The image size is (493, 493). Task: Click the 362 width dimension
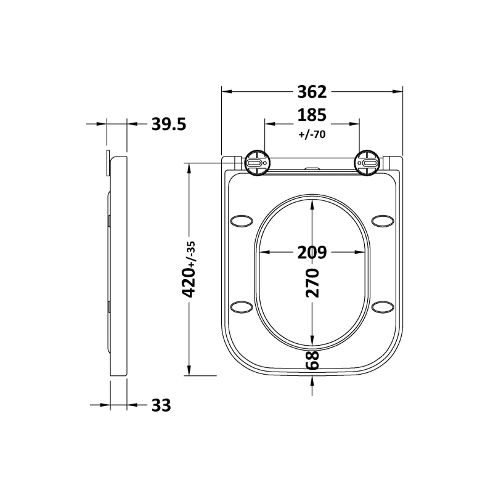coord(311,92)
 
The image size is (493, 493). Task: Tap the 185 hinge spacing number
coord(311,115)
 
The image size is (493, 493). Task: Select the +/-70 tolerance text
coord(311,136)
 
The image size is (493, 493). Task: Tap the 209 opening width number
coord(311,252)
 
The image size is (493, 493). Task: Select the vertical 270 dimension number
coord(312,283)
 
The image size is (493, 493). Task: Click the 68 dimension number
coord(312,360)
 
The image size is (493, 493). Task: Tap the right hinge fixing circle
coord(367,162)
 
